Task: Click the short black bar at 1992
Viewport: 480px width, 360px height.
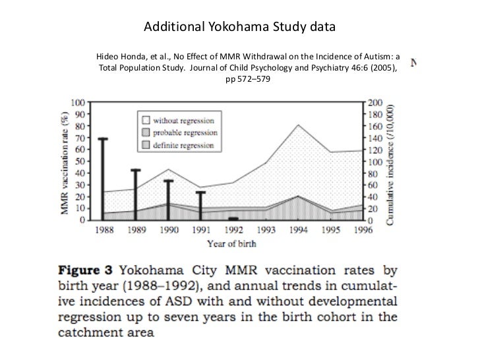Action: tap(233, 218)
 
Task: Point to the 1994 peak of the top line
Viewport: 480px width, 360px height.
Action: tap(298, 125)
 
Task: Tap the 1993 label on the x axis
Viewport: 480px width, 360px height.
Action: tap(265, 230)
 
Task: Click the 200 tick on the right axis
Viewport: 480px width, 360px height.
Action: tap(375, 104)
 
